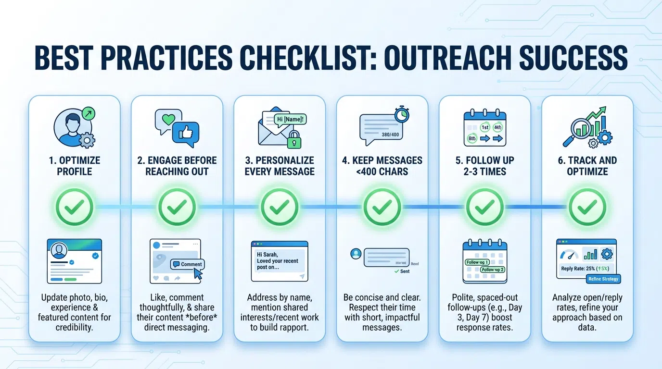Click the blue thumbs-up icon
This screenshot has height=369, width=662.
pyautogui.click(x=185, y=133)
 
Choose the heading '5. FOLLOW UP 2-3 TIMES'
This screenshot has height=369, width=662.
pyautogui.click(x=485, y=166)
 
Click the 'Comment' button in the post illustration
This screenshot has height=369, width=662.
pyautogui.click(x=188, y=264)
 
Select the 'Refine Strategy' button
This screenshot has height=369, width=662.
pyautogui.click(x=603, y=279)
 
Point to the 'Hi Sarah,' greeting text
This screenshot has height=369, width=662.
pyautogui.click(x=267, y=254)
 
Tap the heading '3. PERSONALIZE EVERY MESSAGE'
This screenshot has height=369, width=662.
pyautogui.click(x=280, y=166)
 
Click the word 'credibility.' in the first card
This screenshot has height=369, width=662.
pyautogui.click(x=74, y=327)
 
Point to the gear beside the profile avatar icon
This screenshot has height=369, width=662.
pyautogui.click(x=87, y=140)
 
